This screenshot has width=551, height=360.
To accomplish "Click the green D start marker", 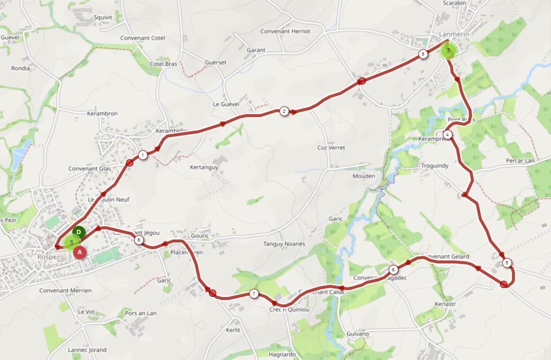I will click(x=79, y=232).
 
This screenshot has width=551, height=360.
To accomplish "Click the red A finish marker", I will click(x=80, y=252).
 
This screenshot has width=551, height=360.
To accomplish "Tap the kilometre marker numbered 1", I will click(x=142, y=155).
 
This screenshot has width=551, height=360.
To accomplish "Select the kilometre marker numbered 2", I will click(x=284, y=111).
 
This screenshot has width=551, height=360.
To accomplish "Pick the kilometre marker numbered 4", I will click(x=447, y=134).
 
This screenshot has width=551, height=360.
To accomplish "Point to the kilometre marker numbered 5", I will click(x=507, y=263).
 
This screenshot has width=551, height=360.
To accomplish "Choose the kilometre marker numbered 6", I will click(x=394, y=269).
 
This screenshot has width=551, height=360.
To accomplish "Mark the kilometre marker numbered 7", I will click(x=254, y=293).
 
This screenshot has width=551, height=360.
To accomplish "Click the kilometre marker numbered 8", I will click(x=139, y=240).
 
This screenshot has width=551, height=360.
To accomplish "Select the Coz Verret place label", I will click(x=331, y=148).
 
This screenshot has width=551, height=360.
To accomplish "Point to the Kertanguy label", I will click(x=204, y=167).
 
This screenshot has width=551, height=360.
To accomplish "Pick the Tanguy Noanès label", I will click(x=284, y=244).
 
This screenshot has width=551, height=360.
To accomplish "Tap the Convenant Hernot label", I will click(x=285, y=31).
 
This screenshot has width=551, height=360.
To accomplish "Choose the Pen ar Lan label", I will click(x=520, y=161).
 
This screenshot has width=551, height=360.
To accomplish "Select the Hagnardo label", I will click(x=282, y=355).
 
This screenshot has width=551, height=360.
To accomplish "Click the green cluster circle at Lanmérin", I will click(x=448, y=51).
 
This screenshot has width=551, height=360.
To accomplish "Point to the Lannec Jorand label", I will click(x=87, y=350).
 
